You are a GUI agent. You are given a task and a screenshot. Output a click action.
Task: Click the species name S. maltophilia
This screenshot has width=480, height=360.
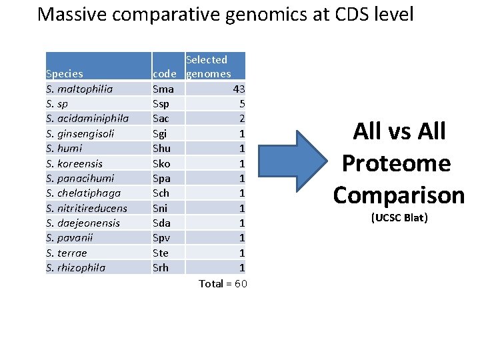coord(79,89)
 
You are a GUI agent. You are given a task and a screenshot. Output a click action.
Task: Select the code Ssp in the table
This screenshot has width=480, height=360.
coord(161,103)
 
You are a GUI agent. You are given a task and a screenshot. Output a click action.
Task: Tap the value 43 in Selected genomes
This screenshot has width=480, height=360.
coord(239,89)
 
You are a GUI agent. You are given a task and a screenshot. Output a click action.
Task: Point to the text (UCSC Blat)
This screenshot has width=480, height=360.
coord(398,218)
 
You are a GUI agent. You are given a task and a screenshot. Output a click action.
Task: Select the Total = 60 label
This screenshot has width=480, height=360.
coord(223,284)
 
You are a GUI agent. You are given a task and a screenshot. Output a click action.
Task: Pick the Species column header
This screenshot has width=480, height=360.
coord(64,73)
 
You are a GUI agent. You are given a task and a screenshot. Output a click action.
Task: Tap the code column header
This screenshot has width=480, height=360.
coord(164,73)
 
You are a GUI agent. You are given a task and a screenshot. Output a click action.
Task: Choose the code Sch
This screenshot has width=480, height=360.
coord(161,193)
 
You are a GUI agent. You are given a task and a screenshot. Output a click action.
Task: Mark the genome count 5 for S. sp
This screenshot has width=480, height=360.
coord(242,103)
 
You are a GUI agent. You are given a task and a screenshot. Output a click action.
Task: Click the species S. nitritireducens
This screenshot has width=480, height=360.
coord(86,208)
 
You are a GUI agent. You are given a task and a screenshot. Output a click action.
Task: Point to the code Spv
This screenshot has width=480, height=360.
coord(161,237)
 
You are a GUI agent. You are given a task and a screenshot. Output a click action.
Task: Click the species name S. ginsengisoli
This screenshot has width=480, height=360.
coord(80,133)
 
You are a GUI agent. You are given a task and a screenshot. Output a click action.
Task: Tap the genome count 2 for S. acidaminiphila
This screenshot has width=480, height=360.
coord(242,118)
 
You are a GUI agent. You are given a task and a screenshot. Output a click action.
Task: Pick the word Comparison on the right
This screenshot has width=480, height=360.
coord(399,195)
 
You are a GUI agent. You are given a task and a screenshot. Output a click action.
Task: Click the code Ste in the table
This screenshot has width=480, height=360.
coord(160,253)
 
